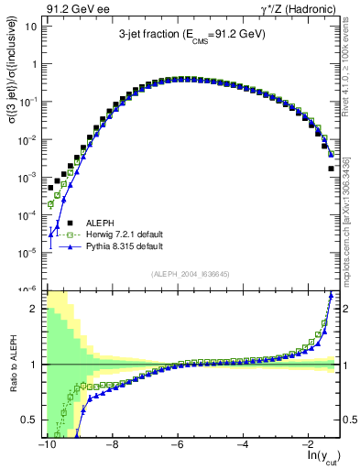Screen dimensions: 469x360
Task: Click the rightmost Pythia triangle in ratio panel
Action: coord(331,295)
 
